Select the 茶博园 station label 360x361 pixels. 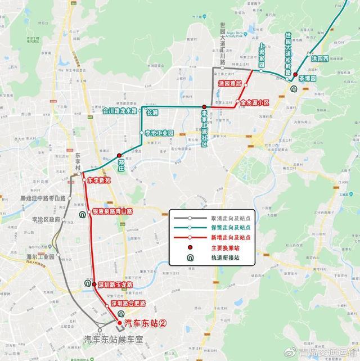tap(309, 78)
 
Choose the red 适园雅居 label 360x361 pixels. tap(229, 83)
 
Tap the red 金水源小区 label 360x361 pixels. tap(255, 102)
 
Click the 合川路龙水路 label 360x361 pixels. tap(120, 111)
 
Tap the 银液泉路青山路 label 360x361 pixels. tap(112, 211)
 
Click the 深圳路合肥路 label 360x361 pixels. tap(128, 303)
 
